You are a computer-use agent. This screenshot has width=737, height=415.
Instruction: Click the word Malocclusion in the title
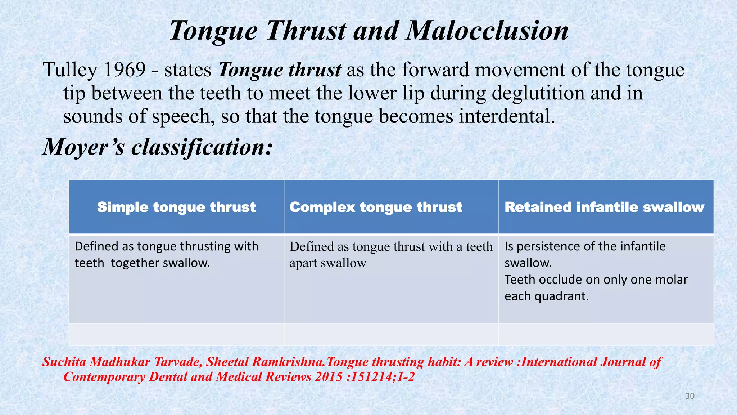coord(487,30)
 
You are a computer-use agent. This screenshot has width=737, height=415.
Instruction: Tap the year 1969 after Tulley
coord(125,70)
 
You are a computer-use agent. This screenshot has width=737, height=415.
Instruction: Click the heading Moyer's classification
coord(158,147)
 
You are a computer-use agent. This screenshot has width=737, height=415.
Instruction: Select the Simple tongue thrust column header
coord(176,207)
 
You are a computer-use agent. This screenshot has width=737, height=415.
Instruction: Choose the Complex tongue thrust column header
coord(376,207)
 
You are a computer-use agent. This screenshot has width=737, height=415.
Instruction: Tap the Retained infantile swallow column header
coord(604,207)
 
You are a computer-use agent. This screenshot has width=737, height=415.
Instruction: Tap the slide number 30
coord(689,396)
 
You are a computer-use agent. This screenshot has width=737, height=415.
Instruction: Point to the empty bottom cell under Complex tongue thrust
coord(391,334)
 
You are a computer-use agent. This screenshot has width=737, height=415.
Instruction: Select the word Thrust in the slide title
coord(307,30)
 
